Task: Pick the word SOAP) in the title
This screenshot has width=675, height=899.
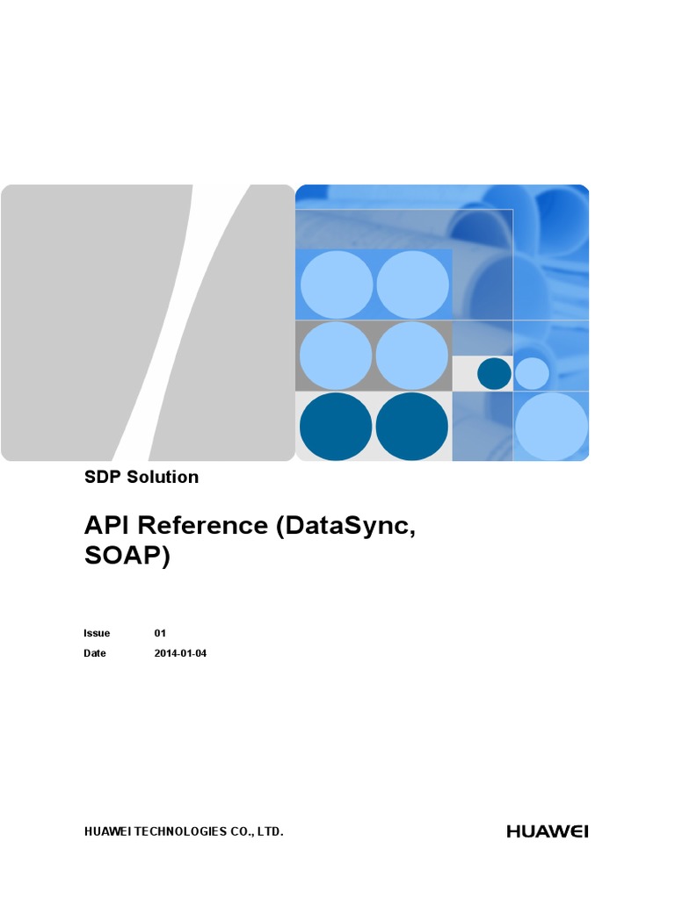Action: pos(127,557)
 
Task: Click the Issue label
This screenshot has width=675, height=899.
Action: pos(97,633)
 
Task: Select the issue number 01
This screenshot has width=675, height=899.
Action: pos(160,633)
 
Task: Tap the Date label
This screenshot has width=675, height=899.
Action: pos(95,653)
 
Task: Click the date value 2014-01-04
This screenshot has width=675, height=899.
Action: pos(181,653)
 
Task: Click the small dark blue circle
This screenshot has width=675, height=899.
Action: pos(494,374)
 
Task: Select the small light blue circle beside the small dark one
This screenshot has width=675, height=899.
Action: pos(532,374)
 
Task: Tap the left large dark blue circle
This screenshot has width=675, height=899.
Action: pos(336,427)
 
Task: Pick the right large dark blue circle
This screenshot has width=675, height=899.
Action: pos(412,427)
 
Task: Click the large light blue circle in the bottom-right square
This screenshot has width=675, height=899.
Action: pos(551,427)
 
